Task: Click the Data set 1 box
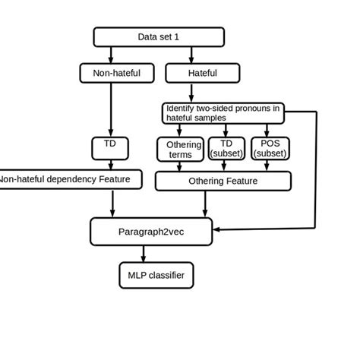pos(159,36)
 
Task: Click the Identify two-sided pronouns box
pos(223,112)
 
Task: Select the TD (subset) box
pos(226,149)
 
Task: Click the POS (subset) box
pos(270,149)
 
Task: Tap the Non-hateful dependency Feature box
pos(70,180)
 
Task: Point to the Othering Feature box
pos(223,181)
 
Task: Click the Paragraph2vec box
pos(152,231)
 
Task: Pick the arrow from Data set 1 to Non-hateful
pos(112,54)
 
